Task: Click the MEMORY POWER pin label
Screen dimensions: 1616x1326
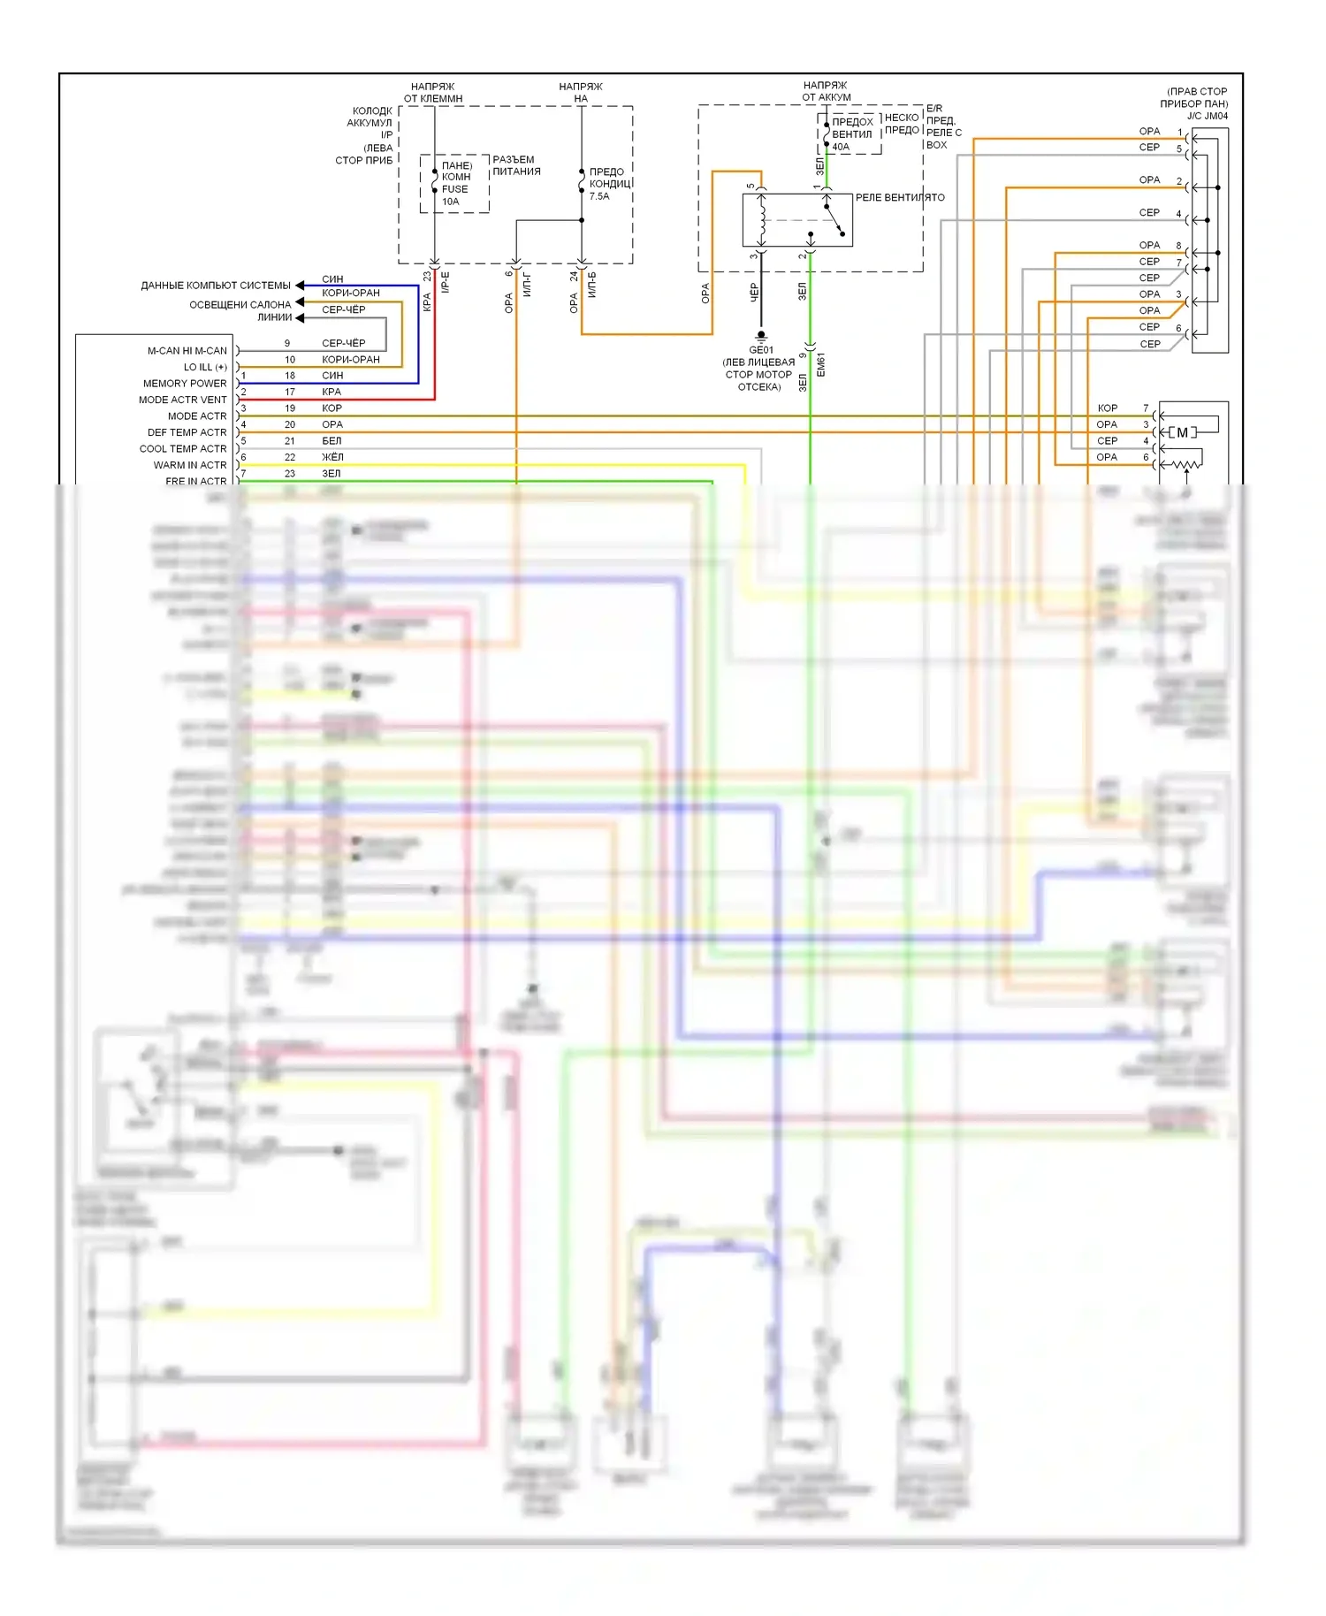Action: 185,384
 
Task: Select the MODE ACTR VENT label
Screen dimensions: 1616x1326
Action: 182,400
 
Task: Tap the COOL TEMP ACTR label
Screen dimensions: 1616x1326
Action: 183,449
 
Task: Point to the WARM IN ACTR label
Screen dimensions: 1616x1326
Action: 190,465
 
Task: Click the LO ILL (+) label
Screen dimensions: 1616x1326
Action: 205,367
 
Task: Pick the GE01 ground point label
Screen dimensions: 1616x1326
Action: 760,350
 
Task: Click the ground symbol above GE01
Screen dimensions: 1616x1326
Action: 761,337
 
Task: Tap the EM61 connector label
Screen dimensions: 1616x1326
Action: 820,365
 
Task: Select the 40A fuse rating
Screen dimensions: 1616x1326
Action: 841,147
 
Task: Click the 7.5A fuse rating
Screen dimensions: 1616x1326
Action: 599,196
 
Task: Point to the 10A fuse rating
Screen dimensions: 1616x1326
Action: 451,202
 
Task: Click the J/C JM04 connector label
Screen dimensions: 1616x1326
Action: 1207,116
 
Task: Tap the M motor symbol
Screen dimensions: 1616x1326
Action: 1182,432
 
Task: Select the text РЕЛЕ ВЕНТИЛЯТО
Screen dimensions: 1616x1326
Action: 900,197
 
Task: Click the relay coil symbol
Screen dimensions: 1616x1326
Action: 761,220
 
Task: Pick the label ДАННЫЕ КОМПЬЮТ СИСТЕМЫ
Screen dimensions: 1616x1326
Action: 216,286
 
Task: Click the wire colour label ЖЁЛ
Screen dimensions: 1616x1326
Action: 332,457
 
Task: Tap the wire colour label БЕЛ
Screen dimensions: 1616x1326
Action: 331,440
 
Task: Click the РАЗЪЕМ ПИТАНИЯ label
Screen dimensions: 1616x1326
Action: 516,165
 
